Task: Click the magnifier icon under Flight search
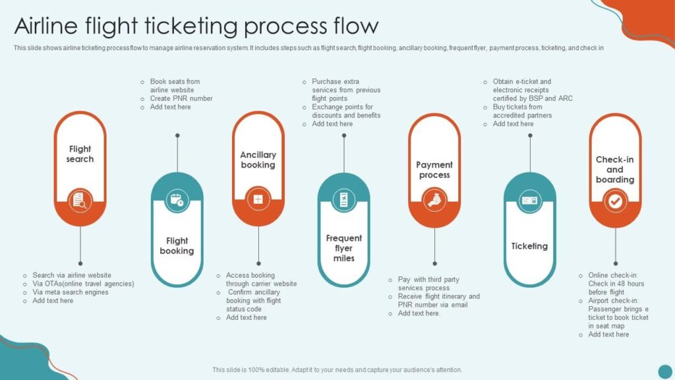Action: coord(80,200)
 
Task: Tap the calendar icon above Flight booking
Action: coord(177,200)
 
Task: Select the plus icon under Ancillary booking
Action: coord(258,199)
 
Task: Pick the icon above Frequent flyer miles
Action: coord(343,199)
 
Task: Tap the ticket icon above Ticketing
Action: coord(529,200)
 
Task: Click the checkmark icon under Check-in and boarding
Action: coord(615,201)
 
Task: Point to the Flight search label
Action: coord(80,154)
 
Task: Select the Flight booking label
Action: coord(177,245)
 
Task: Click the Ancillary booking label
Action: coord(258,160)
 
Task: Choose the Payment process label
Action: coord(434,170)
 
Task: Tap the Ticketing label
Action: coord(529,246)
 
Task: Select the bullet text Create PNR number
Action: coord(181,98)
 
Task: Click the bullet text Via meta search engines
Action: coord(71,292)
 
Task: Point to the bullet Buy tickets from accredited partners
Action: coord(522,111)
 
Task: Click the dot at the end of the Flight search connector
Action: coord(80,263)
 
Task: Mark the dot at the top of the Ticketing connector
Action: coord(530,136)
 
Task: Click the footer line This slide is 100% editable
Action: coord(337,370)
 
